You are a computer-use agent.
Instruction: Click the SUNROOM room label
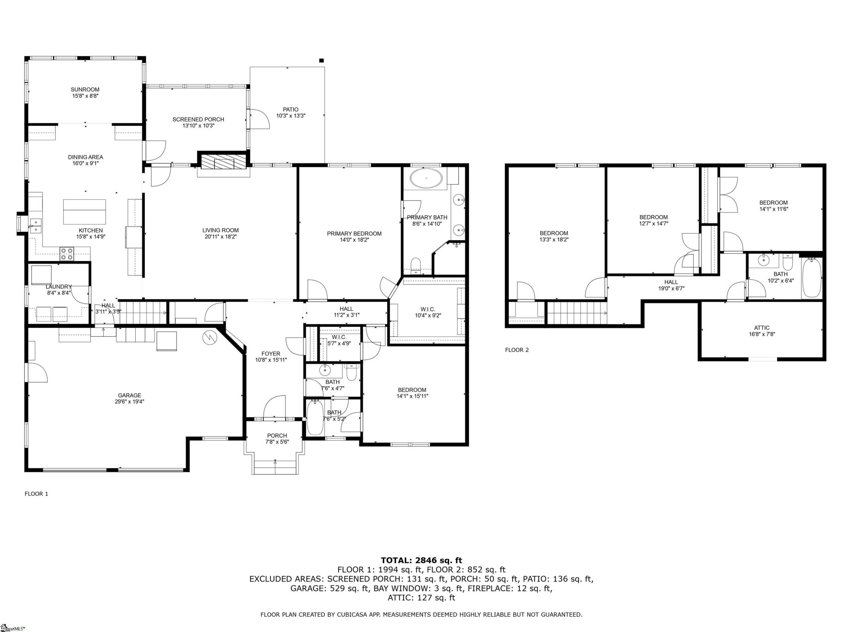pyautogui.click(x=85, y=90)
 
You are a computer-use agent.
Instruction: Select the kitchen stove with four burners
pyautogui.click(x=67, y=253)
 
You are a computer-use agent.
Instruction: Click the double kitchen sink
pyautogui.click(x=35, y=225)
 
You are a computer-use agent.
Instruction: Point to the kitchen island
pyautogui.click(x=85, y=212)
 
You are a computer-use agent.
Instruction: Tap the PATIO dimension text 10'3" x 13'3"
pyautogui.click(x=291, y=116)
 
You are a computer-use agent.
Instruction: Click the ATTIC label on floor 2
pyautogui.click(x=762, y=328)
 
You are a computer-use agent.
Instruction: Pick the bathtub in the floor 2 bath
pyautogui.click(x=811, y=278)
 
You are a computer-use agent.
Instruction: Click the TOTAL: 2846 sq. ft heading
pyautogui.click(x=421, y=560)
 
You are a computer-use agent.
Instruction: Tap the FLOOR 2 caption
pyautogui.click(x=517, y=350)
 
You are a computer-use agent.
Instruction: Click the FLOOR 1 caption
pyautogui.click(x=36, y=494)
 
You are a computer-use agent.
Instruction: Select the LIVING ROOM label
pyautogui.click(x=220, y=230)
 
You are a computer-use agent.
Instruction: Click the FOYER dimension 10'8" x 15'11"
pyautogui.click(x=271, y=360)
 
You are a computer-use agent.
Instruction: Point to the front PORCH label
pyautogui.click(x=277, y=436)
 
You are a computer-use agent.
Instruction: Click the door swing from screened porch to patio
pyautogui.click(x=259, y=118)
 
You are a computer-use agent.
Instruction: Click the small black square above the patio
pyautogui.click(x=321, y=61)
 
